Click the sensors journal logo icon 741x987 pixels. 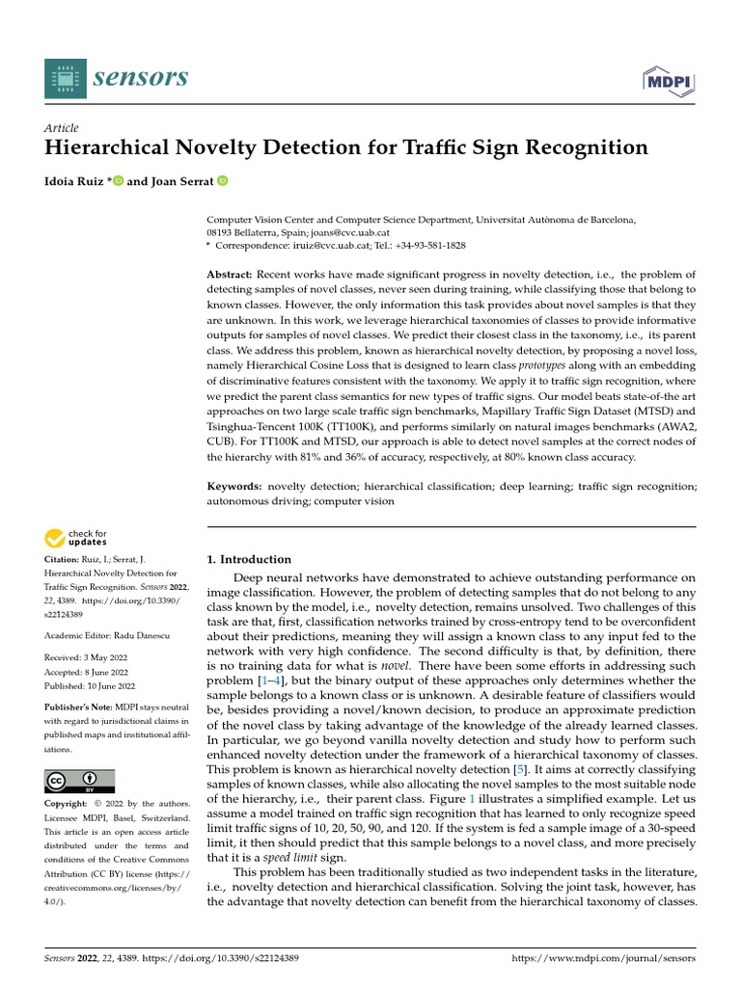(x=65, y=77)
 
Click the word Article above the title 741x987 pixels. (x=62, y=128)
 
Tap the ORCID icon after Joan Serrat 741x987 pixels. (x=222, y=180)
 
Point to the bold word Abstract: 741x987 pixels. (x=232, y=275)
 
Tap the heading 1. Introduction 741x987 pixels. (x=249, y=559)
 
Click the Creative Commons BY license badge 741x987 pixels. (x=79, y=781)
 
